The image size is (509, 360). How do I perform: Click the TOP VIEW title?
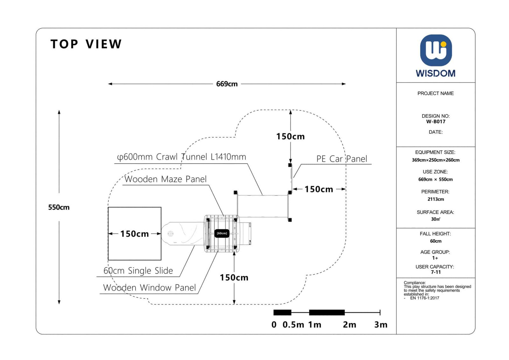click(x=86, y=44)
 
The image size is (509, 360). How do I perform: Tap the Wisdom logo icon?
click(x=436, y=50)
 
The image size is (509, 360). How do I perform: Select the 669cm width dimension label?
click(x=227, y=84)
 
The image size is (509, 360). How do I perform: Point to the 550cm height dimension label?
click(x=59, y=208)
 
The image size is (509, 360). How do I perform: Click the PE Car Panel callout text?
click(x=342, y=159)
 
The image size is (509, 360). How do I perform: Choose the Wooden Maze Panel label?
click(x=165, y=179)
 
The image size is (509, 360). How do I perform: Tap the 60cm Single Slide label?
click(x=138, y=271)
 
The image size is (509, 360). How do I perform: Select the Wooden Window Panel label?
click(x=150, y=288)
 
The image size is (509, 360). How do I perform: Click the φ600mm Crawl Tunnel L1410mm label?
click(x=182, y=157)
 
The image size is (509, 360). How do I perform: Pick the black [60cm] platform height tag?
click(x=222, y=233)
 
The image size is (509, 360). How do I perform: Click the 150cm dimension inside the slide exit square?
click(x=135, y=234)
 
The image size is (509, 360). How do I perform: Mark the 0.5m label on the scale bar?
click(x=293, y=325)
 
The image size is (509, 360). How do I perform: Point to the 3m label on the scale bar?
click(x=380, y=325)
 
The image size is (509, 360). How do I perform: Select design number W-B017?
click(x=436, y=122)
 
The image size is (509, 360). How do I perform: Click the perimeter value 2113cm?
click(x=436, y=199)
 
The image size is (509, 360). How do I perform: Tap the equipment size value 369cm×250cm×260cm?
click(x=436, y=160)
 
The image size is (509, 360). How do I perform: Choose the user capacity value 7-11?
click(x=436, y=272)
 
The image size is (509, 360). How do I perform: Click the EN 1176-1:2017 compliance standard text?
click(x=424, y=298)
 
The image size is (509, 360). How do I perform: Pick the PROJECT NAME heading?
click(x=436, y=94)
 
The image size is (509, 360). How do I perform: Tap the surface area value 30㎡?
click(x=436, y=219)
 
